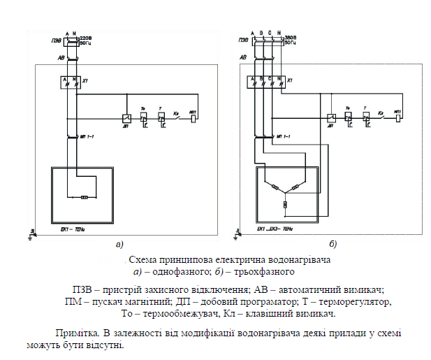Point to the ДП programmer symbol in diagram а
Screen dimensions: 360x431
(126, 119)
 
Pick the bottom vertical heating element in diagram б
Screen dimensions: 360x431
(284, 205)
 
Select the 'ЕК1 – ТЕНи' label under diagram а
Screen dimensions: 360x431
(68, 229)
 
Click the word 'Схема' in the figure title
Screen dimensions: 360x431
(147, 259)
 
